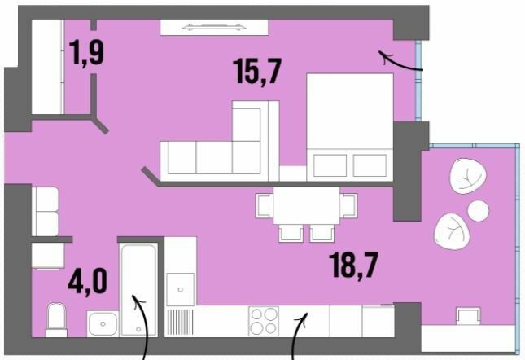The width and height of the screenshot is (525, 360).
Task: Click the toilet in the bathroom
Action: point(56,319)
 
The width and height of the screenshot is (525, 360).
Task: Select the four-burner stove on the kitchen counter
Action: point(263,319)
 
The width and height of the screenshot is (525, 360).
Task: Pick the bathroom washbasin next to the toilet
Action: point(103,323)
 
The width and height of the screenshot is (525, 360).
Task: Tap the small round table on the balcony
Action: point(479,210)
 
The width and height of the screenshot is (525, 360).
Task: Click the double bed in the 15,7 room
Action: point(348,126)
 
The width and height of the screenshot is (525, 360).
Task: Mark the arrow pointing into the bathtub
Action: point(142,326)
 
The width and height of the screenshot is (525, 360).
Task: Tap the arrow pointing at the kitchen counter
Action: point(299,334)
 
